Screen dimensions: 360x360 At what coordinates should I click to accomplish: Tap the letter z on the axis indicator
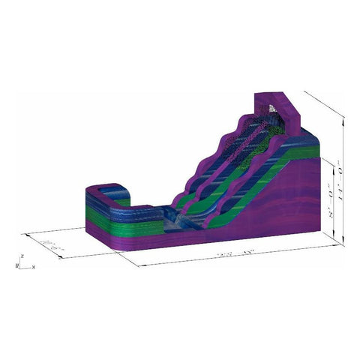23,256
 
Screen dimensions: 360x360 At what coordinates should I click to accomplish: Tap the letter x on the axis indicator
34,266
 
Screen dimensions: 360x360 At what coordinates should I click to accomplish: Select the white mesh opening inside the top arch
274,109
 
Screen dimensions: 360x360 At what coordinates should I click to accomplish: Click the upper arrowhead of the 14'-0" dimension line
344,117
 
